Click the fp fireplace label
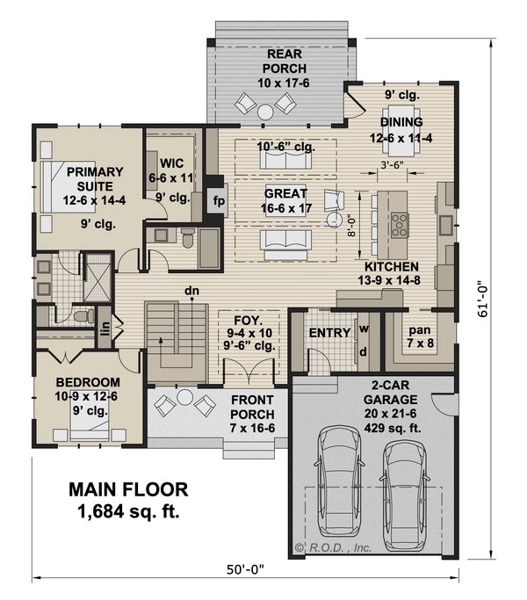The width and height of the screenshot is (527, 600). (219, 200)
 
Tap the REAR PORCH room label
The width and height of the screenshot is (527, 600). (284, 61)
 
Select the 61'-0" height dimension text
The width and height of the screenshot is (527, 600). (483, 300)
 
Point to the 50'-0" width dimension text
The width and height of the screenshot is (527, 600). (245, 570)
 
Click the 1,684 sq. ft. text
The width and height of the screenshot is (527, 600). (128, 511)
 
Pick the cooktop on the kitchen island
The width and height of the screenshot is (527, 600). (400, 225)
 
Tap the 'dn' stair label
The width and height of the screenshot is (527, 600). (191, 291)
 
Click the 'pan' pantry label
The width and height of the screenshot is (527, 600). (420, 330)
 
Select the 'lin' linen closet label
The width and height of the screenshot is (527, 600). (105, 328)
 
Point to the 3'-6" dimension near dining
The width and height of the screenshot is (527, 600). (393, 165)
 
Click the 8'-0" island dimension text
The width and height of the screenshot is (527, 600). (352, 225)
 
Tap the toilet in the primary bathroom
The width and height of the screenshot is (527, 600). (84, 315)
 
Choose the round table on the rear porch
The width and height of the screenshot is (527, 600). (265, 112)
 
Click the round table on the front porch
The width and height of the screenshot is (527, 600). (184, 397)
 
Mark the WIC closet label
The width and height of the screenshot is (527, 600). (171, 163)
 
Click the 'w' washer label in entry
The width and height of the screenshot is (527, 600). (364, 329)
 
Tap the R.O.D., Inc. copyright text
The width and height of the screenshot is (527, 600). (334, 548)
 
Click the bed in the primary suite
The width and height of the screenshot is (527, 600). (68, 186)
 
